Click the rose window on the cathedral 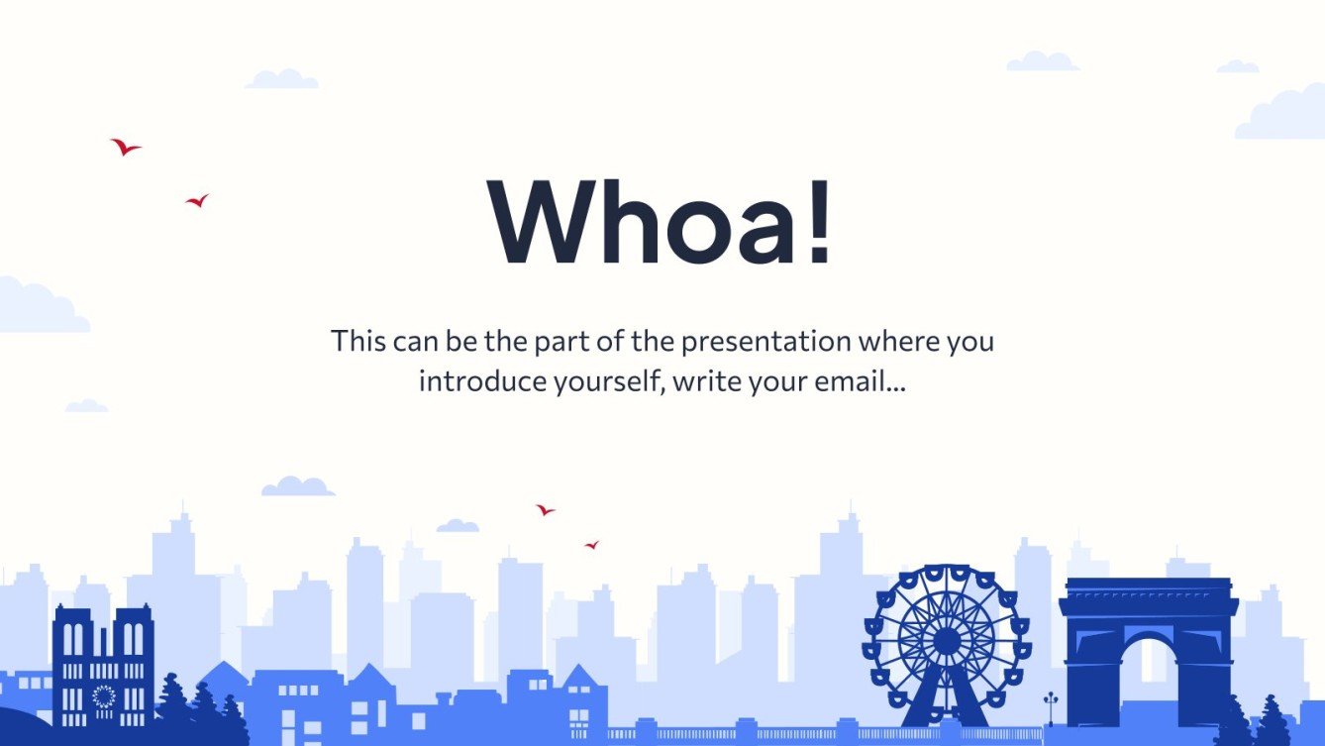tap(103, 696)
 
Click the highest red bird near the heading tap(125, 148)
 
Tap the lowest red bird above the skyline tap(591, 545)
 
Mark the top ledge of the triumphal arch tap(1148, 585)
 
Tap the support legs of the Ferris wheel tap(946, 698)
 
